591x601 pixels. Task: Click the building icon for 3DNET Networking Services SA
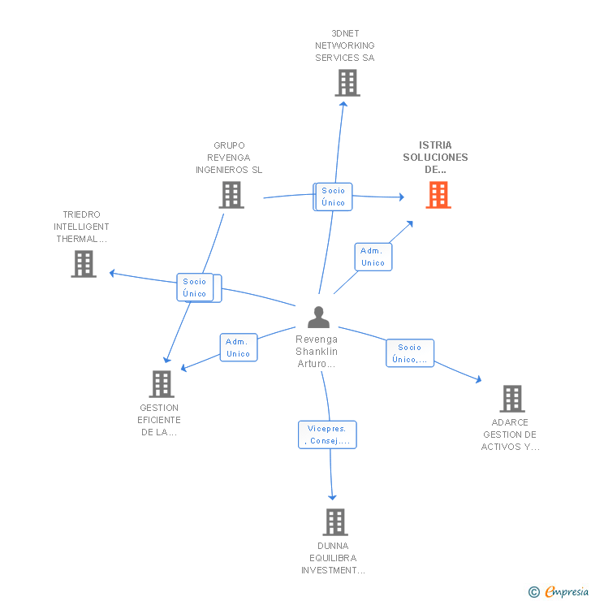click(x=347, y=83)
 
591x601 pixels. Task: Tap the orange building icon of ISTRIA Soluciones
click(x=438, y=195)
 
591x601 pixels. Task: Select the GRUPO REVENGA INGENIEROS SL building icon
click(x=231, y=195)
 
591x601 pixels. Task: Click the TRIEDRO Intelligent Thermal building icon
click(x=84, y=264)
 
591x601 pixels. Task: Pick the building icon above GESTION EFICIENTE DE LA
click(x=162, y=384)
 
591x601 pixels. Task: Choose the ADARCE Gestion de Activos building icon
click(x=512, y=399)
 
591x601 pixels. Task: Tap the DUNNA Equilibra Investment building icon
click(x=334, y=522)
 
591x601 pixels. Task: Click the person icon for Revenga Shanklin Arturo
click(x=319, y=318)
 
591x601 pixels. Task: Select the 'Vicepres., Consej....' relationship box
click(x=327, y=435)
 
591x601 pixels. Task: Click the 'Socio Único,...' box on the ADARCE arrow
click(x=410, y=353)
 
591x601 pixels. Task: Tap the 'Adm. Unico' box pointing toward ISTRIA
click(x=373, y=257)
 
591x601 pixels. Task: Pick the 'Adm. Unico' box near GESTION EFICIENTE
click(x=239, y=348)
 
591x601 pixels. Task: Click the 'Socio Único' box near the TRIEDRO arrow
click(x=196, y=288)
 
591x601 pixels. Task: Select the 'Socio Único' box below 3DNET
click(x=334, y=197)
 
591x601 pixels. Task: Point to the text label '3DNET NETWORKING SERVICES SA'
click(x=345, y=45)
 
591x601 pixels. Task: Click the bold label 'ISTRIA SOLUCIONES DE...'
click(x=436, y=158)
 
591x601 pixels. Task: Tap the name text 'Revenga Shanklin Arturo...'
click(x=317, y=352)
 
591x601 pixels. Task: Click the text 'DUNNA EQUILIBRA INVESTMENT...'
click(x=333, y=558)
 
